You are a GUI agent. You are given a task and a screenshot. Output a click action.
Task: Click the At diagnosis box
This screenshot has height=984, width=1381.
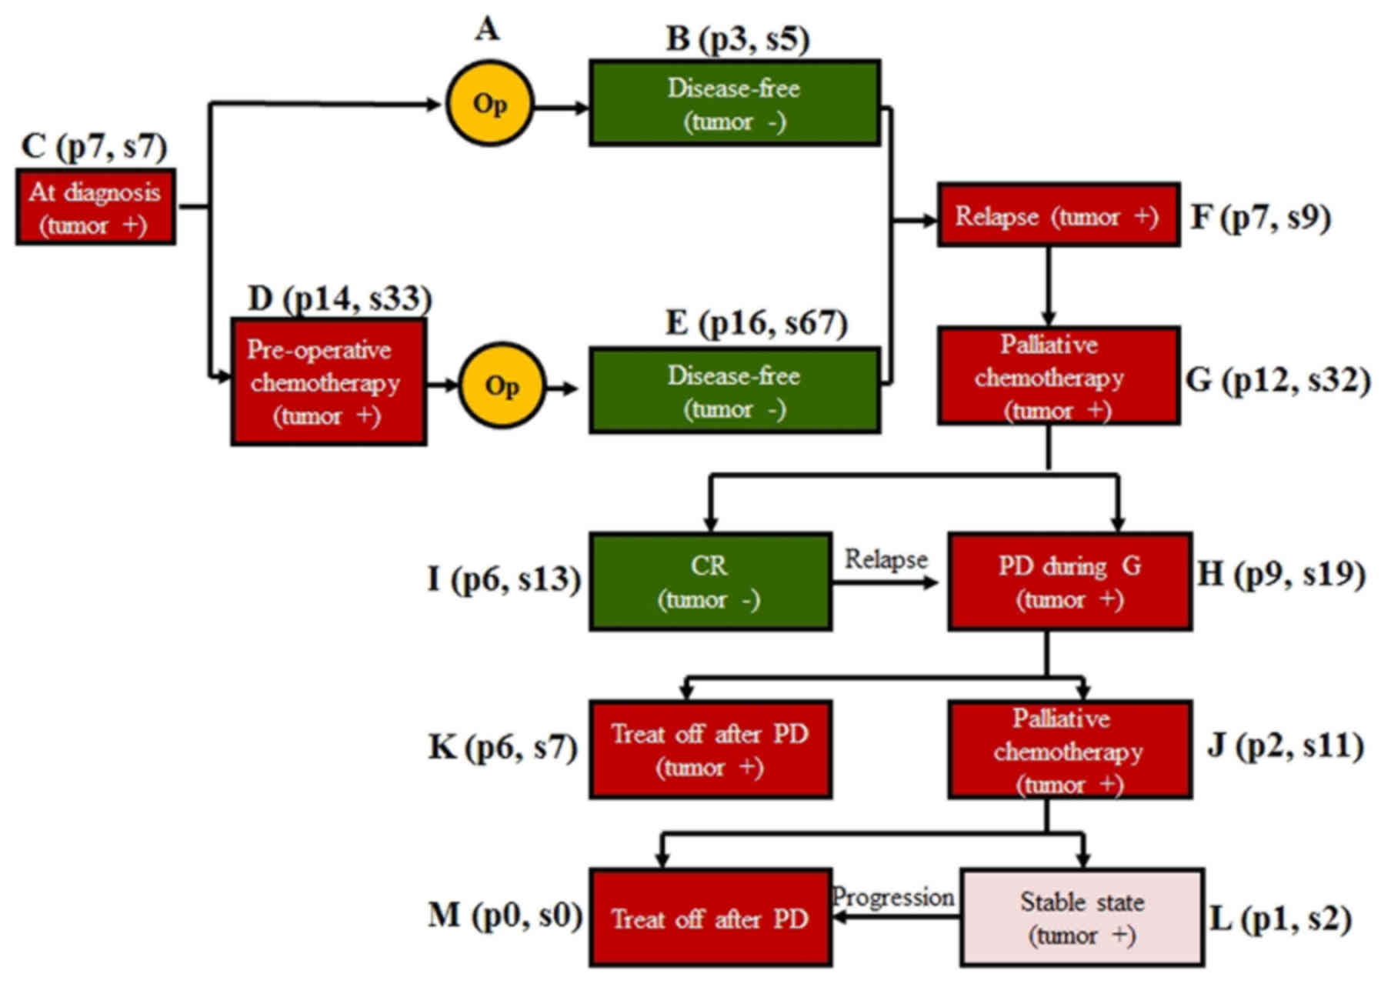pyautogui.click(x=95, y=207)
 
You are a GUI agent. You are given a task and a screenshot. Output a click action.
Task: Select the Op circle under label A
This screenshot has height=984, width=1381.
pyautogui.click(x=489, y=104)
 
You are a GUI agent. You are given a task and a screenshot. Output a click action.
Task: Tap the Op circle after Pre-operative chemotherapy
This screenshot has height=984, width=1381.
pyautogui.click(x=502, y=385)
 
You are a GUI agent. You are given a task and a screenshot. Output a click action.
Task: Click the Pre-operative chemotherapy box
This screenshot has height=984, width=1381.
pyautogui.click(x=329, y=382)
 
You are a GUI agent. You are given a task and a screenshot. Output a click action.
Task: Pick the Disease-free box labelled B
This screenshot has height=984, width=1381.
pyautogui.click(x=734, y=103)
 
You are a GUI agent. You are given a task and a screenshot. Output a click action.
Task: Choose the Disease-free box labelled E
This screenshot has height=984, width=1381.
pyautogui.click(x=734, y=391)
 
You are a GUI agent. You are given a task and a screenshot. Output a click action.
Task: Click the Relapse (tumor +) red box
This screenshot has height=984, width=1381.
pyautogui.click(x=1058, y=215)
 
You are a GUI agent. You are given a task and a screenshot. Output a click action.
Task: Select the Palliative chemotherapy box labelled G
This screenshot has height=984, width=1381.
pyautogui.click(x=1058, y=376)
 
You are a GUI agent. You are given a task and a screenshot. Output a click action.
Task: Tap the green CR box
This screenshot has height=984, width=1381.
pyautogui.click(x=709, y=582)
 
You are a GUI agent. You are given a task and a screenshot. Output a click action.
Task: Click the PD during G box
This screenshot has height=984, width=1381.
pyautogui.click(x=1069, y=582)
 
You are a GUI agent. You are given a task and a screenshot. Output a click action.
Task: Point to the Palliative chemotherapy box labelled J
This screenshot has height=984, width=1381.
pyautogui.click(x=1069, y=749)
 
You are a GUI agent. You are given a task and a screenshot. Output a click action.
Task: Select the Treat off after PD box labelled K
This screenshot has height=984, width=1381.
pyautogui.click(x=709, y=749)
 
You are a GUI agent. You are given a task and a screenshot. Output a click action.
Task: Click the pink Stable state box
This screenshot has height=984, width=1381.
pyautogui.click(x=1081, y=917)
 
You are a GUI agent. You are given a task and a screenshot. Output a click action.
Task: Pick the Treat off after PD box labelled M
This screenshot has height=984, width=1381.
pyautogui.click(x=709, y=917)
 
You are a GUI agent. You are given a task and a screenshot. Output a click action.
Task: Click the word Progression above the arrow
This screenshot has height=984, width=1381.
pyautogui.click(x=892, y=897)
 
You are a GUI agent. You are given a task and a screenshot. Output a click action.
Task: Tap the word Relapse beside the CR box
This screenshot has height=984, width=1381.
pyautogui.click(x=886, y=559)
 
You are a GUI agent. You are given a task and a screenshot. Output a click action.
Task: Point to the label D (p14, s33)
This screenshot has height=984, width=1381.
pyautogui.click(x=339, y=299)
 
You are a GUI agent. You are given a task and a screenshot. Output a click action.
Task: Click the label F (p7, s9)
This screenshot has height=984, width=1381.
pyautogui.click(x=1260, y=218)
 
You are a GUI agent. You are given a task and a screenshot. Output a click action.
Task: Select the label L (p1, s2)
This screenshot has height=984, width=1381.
pyautogui.click(x=1280, y=919)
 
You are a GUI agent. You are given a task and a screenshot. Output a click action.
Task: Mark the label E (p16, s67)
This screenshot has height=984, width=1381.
pyautogui.click(x=756, y=323)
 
